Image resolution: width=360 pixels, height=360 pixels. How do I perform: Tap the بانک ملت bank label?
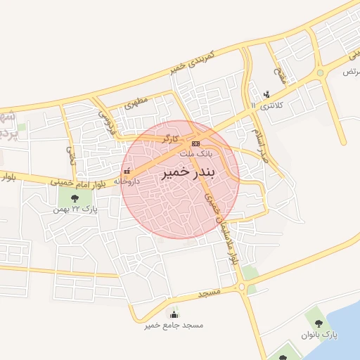[x=195, y=153]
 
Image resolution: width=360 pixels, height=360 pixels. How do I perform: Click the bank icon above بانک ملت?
[x=195, y=143]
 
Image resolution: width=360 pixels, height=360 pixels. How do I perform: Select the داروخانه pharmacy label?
[x=127, y=181]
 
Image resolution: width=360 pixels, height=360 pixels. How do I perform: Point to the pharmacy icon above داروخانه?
[x=127, y=172]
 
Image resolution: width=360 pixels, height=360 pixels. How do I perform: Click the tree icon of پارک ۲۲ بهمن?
[x=75, y=198]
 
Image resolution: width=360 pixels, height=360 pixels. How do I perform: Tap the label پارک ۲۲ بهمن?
[x=78, y=209]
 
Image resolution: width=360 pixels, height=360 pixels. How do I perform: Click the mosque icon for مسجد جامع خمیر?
[x=174, y=314]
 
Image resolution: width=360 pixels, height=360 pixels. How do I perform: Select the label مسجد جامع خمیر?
[x=174, y=326]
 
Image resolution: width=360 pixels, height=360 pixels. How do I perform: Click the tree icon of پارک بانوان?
[x=319, y=323]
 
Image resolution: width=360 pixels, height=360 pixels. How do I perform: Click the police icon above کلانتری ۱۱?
[x=266, y=94]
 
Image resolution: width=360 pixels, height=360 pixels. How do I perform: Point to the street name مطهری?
[x=138, y=103]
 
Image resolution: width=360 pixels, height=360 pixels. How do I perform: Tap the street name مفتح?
[x=281, y=75]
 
